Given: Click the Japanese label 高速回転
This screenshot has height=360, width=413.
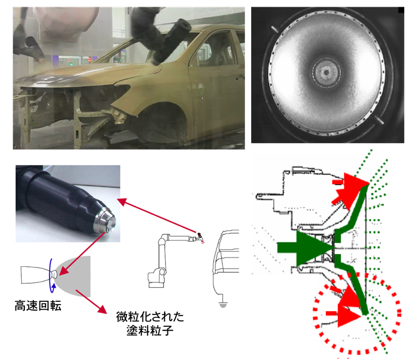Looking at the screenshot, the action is (38, 306).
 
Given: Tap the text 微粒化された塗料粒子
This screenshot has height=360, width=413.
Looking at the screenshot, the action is (150, 323).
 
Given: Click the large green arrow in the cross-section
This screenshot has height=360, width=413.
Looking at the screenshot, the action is (305, 248).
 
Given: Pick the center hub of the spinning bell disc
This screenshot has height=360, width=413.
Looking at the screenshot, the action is (327, 72).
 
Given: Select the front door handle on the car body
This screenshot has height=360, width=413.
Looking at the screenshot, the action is (240, 78).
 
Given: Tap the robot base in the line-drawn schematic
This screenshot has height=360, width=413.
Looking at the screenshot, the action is (157, 280).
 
